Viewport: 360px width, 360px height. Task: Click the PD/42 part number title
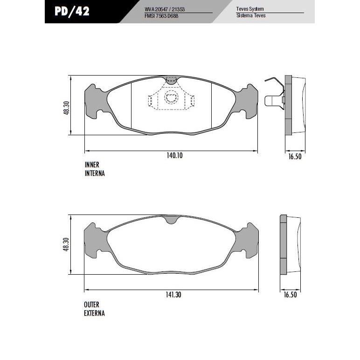pos(72,11)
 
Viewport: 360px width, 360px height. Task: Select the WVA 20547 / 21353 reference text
pos(165,9)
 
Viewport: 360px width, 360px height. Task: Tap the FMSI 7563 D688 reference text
pos(161,16)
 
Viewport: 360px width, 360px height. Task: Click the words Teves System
pos(250,9)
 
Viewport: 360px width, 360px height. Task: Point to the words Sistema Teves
pos(251,15)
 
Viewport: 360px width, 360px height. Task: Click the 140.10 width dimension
pos(174,155)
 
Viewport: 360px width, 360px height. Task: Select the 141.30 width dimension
pos(173,295)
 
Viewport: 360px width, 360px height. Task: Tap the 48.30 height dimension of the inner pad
pos(66,108)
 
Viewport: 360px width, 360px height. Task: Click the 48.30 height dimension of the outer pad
pos(66,244)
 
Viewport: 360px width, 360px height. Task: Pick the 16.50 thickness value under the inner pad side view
pos(295,157)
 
